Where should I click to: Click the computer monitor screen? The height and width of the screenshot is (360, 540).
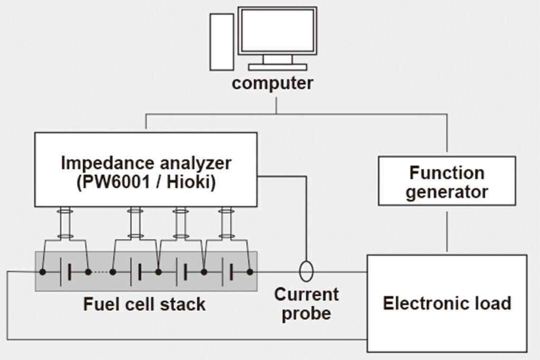click(x=277, y=31)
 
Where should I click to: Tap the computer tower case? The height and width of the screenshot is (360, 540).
click(x=222, y=42)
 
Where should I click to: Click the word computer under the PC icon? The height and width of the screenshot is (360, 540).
click(x=273, y=83)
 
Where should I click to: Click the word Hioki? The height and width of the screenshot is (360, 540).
click(x=188, y=181)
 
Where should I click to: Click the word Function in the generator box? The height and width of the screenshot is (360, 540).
click(x=447, y=172)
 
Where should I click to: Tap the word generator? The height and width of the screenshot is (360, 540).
click(x=447, y=192)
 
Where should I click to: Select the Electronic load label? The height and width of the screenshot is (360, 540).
click(x=447, y=303)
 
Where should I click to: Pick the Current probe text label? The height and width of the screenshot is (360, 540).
click(x=306, y=304)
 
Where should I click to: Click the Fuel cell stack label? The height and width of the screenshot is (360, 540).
click(x=144, y=304)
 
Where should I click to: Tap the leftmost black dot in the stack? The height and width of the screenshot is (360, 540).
click(x=42, y=272)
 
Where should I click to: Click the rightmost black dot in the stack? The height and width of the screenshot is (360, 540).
click(x=250, y=272)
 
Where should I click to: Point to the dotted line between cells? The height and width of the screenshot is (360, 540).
click(x=100, y=272)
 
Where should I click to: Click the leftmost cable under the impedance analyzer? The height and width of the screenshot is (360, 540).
click(x=65, y=223)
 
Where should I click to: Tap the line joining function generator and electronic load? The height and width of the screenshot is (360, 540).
click(x=447, y=231)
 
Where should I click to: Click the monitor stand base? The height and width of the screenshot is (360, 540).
click(x=277, y=67)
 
